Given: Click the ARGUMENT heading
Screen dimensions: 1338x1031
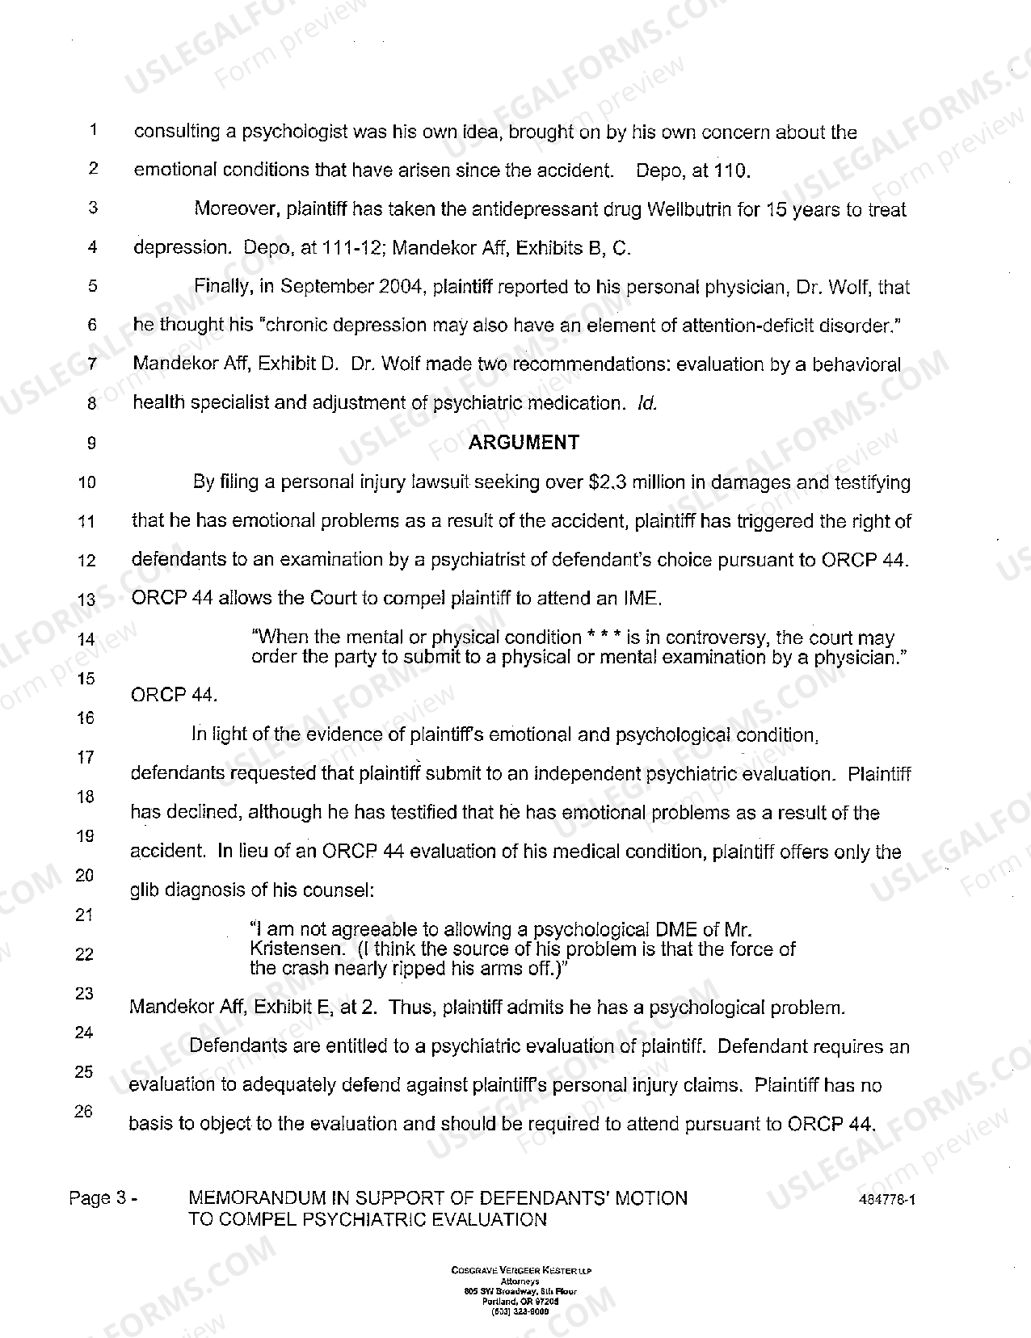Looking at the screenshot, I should click(524, 442).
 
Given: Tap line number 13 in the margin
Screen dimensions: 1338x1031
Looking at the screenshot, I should click(87, 600).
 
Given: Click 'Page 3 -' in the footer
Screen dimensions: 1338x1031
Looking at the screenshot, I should click(103, 1198).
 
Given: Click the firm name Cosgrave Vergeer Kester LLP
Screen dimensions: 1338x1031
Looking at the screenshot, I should click(521, 1271).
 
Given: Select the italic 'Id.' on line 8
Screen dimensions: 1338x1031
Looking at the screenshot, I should click(647, 402).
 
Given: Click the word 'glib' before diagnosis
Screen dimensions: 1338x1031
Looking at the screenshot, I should click(145, 890).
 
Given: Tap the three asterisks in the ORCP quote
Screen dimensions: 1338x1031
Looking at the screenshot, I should click(604, 637).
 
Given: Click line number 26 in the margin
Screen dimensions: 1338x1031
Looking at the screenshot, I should click(84, 1111).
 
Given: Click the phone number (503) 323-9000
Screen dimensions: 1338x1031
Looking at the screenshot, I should click(521, 1313).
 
